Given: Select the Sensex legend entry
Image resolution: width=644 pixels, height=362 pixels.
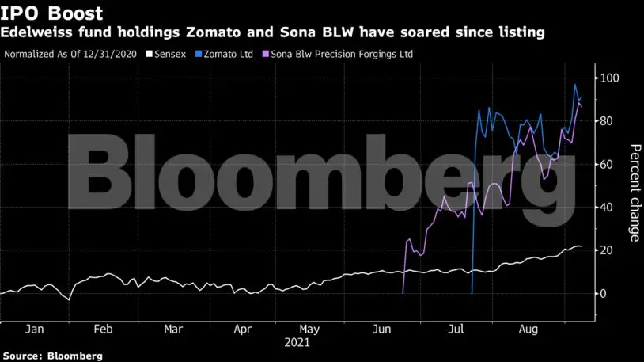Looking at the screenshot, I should (173, 55).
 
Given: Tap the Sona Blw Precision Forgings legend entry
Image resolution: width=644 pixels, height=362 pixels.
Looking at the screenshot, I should (342, 55).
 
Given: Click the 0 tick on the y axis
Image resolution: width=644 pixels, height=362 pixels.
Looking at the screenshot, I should (603, 294).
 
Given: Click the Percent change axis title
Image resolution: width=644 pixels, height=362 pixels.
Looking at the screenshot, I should (634, 192).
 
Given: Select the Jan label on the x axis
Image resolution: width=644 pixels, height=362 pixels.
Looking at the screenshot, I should (34, 329).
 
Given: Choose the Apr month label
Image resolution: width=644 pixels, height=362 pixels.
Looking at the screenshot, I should (243, 329).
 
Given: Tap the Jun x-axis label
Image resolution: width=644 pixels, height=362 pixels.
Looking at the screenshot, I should (382, 329).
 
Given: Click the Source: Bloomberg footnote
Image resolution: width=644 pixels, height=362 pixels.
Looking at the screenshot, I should (52, 356).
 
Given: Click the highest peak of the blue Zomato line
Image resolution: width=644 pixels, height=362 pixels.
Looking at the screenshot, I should (575, 85).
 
